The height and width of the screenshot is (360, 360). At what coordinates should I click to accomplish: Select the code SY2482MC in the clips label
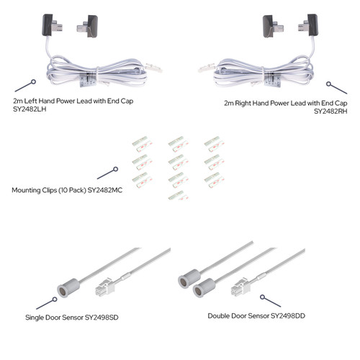coord(97,192)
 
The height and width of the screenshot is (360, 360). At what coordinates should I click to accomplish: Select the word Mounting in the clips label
coord(30,192)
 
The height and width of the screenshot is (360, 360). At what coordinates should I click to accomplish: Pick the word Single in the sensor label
coord(35,316)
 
